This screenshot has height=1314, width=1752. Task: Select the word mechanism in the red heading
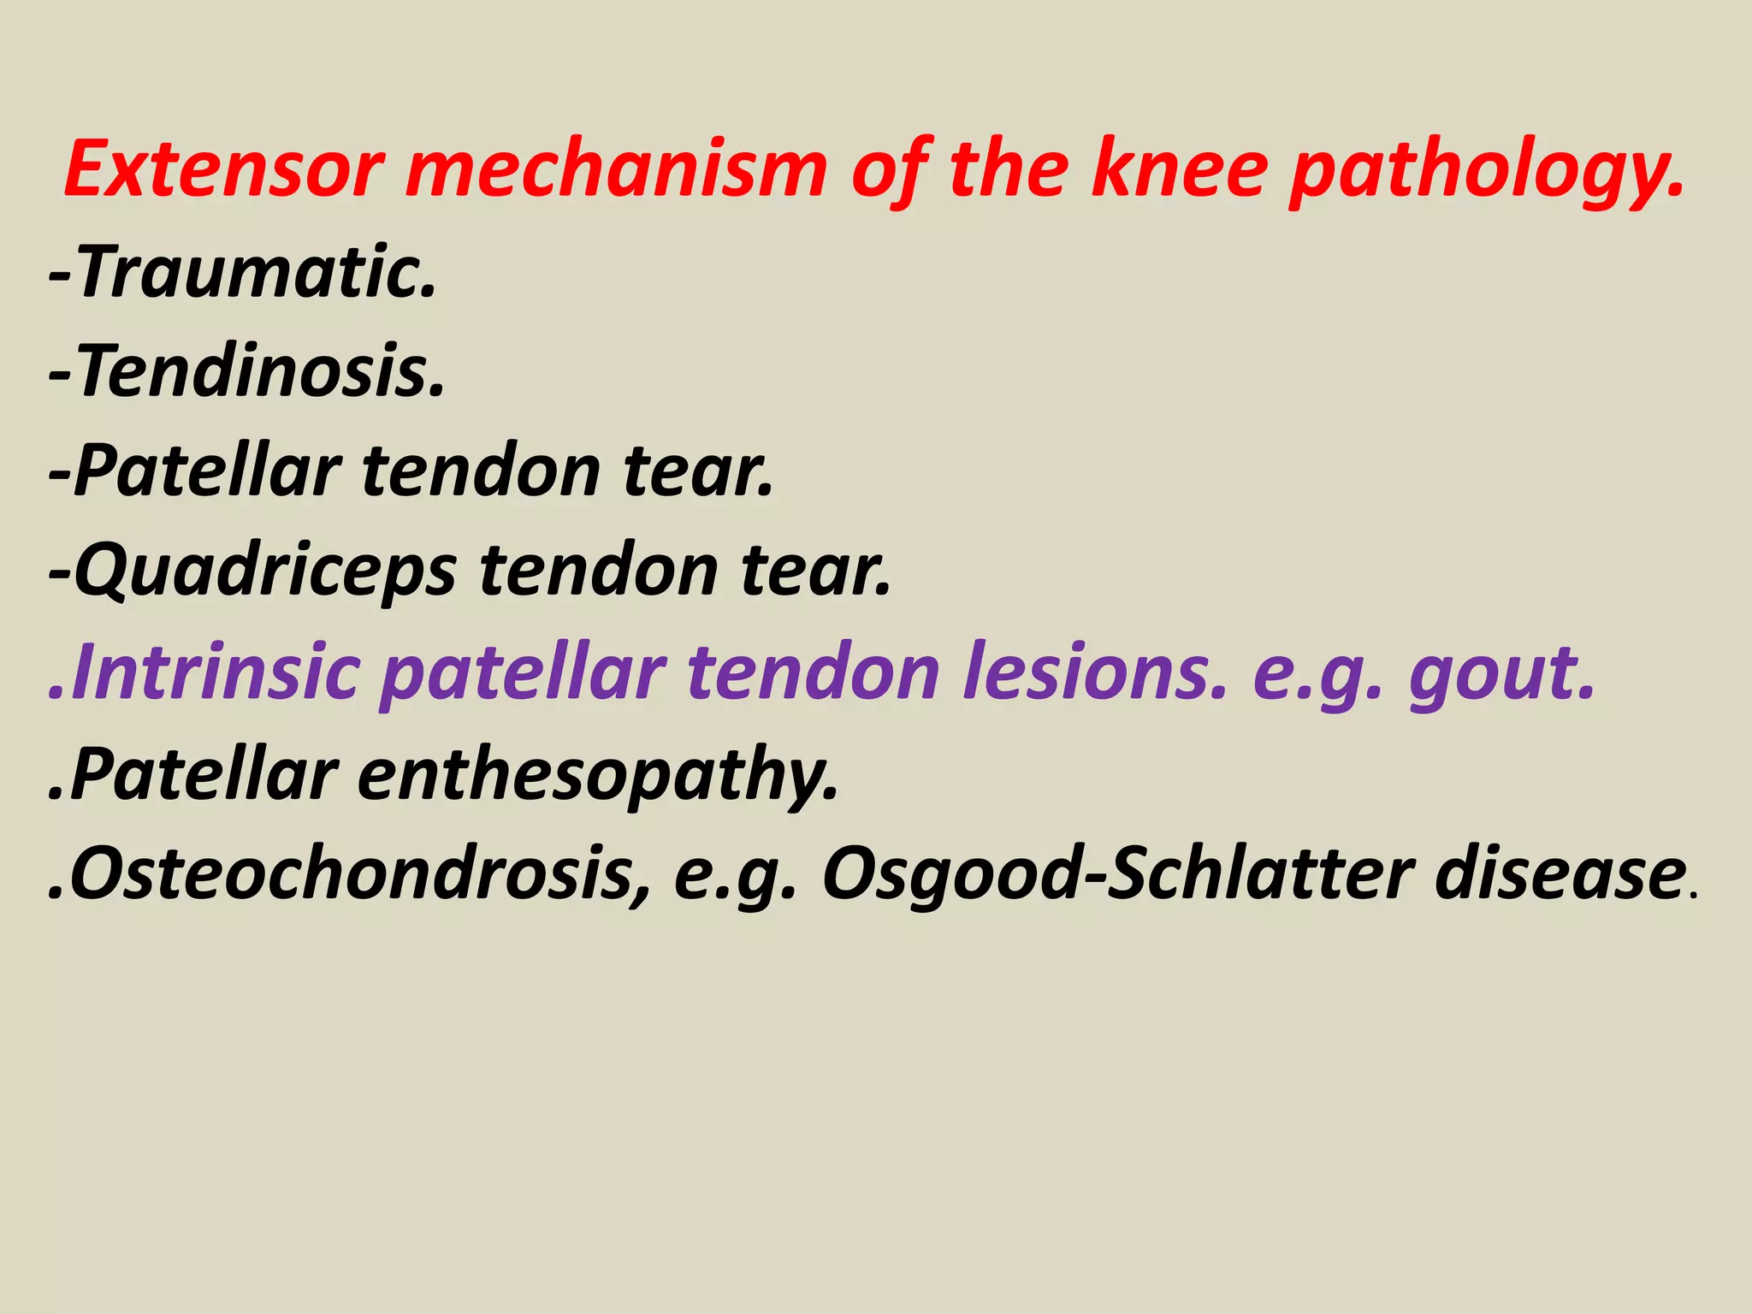(617, 169)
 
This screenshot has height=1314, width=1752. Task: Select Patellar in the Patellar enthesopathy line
(204, 773)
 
